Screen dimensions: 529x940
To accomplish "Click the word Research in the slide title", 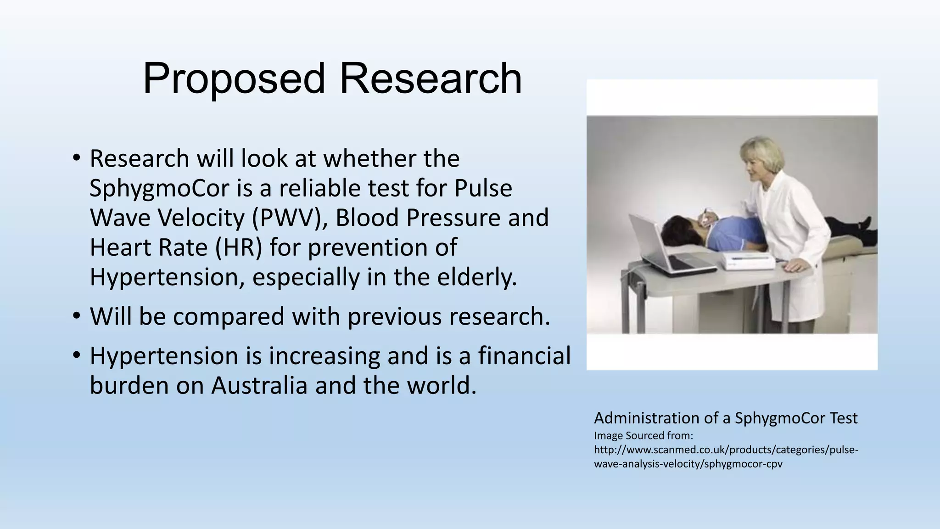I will coord(430,79).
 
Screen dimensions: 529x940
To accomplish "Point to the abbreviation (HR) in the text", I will coord(239,248).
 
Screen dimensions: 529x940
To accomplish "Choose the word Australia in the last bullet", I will coord(259,385).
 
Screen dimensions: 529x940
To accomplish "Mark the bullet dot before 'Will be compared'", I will coord(76,316).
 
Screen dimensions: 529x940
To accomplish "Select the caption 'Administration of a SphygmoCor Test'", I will coord(725,418).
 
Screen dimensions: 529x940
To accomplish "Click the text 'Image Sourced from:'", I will coord(643,435).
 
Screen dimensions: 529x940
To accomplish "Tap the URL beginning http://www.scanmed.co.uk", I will coord(726,456).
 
